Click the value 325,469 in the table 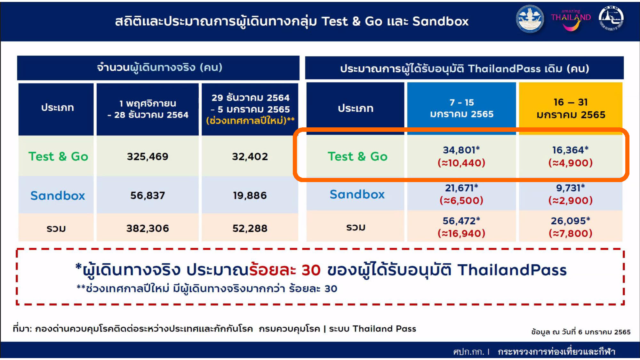click(148, 156)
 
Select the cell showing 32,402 click(250, 156)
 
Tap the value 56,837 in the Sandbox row click(148, 196)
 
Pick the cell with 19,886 click(250, 196)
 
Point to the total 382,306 click(148, 228)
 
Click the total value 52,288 click(250, 228)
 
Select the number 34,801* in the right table click(461, 150)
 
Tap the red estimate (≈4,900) click(571, 163)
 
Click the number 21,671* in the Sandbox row click(461, 188)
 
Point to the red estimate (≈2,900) click(571, 201)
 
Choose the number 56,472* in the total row click(461, 221)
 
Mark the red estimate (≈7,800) click(571, 233)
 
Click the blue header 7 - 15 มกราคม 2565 click(462, 108)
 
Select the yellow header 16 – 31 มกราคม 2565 click(571, 108)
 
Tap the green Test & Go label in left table click(58, 156)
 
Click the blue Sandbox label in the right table click(357, 194)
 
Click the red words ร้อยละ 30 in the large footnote click(285, 270)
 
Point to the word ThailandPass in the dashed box click(512, 270)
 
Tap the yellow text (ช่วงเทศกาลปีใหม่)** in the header click(250, 121)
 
